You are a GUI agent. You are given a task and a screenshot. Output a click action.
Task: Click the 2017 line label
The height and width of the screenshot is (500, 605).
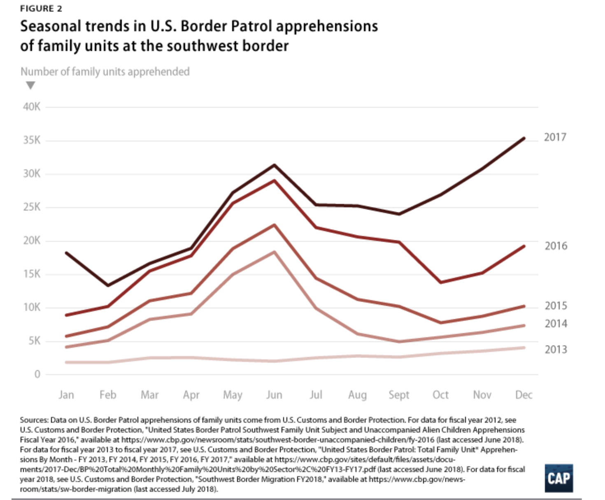click(x=555, y=137)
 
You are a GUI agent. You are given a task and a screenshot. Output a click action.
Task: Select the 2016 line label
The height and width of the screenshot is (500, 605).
click(x=556, y=246)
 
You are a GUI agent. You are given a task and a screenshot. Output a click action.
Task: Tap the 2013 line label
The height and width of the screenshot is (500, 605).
click(x=556, y=350)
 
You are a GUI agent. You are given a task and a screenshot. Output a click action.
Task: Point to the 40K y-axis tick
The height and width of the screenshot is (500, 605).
click(x=32, y=107)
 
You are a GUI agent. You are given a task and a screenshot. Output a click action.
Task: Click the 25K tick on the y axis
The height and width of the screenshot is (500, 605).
click(x=32, y=207)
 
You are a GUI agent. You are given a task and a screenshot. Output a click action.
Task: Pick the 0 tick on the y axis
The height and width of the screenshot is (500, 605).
click(x=37, y=374)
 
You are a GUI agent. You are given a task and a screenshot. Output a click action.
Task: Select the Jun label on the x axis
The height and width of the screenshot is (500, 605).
click(x=274, y=395)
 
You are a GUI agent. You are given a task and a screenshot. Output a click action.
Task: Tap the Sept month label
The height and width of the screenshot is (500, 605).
click(x=399, y=395)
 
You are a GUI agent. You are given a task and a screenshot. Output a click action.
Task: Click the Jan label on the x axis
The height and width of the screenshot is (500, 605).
click(x=66, y=395)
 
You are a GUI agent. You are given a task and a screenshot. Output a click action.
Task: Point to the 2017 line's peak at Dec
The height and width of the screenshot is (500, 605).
click(x=524, y=138)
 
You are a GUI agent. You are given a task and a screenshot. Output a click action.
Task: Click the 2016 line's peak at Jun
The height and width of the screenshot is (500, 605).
click(x=274, y=181)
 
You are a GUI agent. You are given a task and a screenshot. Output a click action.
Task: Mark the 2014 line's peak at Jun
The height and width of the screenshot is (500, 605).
click(x=274, y=252)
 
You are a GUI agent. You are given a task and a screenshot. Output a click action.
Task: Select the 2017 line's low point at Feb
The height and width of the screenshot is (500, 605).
click(x=108, y=285)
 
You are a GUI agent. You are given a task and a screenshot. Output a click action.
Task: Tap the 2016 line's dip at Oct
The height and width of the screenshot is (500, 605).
click(x=441, y=282)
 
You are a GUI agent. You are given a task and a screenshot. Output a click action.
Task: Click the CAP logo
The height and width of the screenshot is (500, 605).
click(x=558, y=478)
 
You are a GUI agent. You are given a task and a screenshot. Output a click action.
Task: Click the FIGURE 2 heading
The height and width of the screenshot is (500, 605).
click(x=41, y=9)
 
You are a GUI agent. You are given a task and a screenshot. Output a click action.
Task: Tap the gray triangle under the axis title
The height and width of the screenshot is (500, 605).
click(x=30, y=86)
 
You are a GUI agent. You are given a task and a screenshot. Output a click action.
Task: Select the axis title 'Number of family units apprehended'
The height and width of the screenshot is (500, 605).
click(x=105, y=72)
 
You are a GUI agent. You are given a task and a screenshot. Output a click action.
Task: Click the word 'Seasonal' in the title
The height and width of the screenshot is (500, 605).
click(x=50, y=26)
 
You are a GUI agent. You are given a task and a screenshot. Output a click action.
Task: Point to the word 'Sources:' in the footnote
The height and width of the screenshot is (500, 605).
click(x=34, y=420)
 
